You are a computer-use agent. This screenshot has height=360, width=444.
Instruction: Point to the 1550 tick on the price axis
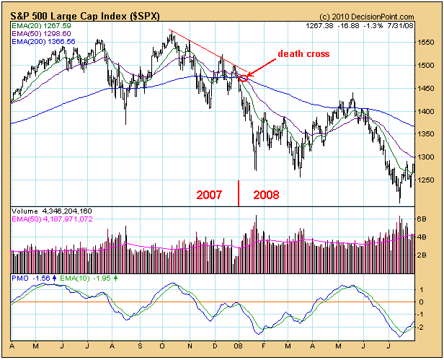427,43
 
